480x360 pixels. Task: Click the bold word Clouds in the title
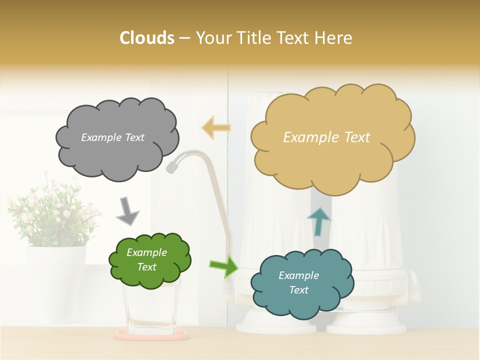coord(146,38)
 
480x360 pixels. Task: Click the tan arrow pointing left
coord(216,127)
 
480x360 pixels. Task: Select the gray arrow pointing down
coord(127,210)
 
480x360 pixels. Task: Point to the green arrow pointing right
coord(224,266)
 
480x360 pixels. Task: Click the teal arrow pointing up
coord(318,221)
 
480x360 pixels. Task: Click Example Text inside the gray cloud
coord(112,137)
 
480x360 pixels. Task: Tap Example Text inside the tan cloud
coord(326,137)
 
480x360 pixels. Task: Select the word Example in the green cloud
coord(146,252)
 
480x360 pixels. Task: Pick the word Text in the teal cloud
coord(299,290)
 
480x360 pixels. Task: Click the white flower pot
coord(55,280)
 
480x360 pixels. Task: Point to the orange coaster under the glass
coord(150,336)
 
